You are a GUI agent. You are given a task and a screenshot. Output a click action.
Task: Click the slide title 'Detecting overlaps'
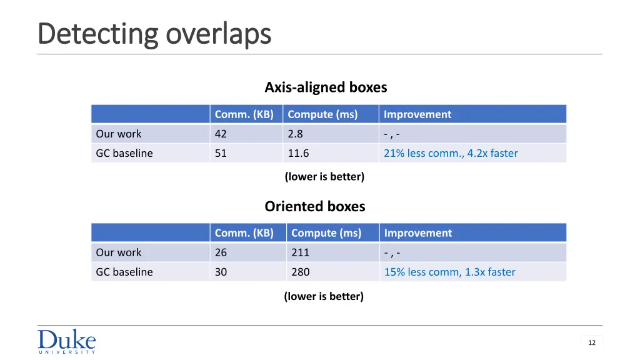154,34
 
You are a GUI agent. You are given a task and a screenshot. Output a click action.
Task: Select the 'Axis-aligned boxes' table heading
326,87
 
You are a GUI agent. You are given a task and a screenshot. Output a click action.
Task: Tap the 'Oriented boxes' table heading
314,206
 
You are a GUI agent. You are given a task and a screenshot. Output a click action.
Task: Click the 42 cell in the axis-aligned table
221,134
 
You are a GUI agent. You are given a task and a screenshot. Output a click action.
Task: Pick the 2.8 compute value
295,134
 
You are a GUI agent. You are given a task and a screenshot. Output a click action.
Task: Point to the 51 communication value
221,153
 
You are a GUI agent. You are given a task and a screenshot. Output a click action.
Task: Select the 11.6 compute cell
298,153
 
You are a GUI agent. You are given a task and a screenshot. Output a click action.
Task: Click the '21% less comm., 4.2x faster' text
450,153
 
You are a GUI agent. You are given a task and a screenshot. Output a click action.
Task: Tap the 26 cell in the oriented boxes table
221,252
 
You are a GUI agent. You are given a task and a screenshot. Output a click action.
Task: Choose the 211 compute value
300,252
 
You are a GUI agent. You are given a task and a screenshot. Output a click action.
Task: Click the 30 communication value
221,272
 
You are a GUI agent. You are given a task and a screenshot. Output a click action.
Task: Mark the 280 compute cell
300,272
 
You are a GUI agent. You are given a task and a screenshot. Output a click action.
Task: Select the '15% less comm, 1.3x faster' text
449,272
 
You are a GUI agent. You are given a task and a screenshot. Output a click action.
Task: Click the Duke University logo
67,342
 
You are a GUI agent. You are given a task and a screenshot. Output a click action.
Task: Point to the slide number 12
591,342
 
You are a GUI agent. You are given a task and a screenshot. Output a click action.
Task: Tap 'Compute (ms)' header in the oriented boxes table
326,233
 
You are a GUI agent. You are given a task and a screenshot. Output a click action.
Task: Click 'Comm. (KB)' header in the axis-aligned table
244,114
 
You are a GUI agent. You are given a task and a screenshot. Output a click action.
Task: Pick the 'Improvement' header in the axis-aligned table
417,114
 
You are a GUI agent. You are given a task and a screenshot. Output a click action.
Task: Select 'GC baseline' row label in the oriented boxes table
124,272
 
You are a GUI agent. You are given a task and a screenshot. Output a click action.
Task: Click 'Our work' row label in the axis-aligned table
118,134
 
